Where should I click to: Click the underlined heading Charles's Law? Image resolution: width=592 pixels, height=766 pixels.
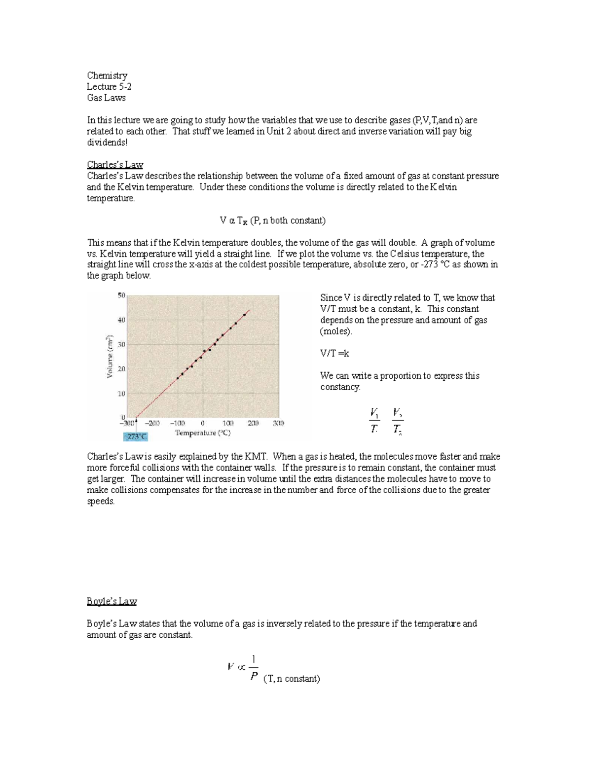click(114, 165)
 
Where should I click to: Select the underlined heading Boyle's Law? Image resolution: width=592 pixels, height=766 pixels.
click(111, 601)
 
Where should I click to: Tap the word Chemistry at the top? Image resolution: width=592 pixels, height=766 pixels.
click(107, 75)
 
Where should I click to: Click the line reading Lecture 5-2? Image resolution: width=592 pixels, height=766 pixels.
click(109, 87)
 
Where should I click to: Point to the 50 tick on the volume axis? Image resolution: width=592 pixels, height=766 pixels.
click(121, 295)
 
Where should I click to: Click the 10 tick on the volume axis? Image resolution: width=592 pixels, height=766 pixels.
click(121, 394)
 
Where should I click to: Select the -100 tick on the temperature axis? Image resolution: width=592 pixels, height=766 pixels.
click(178, 423)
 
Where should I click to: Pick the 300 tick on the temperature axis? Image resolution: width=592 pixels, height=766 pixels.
click(278, 423)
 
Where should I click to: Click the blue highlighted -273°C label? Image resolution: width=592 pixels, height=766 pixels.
click(135, 437)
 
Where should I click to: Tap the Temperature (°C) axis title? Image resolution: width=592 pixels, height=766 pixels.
click(203, 433)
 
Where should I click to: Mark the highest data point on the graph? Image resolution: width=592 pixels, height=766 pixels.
click(245, 315)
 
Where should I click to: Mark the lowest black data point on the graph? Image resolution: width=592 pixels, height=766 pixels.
click(178, 378)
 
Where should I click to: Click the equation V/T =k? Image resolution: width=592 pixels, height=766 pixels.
click(334, 354)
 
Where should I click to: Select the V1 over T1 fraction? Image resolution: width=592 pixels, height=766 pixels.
click(374, 421)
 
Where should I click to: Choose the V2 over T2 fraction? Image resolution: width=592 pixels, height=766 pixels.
click(398, 421)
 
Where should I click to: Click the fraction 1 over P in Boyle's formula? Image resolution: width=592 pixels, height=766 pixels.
click(254, 667)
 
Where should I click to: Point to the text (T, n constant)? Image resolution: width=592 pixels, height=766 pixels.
click(292, 679)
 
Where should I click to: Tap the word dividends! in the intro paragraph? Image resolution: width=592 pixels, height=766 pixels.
click(107, 143)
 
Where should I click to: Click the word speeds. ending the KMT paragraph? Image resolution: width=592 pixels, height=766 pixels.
click(101, 502)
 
